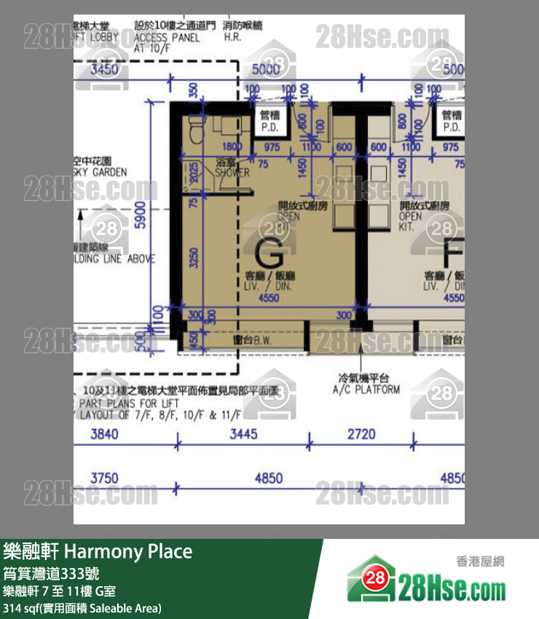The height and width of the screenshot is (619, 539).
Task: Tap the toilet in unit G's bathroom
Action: point(194,131)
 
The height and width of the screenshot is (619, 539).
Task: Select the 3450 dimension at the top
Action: point(104,70)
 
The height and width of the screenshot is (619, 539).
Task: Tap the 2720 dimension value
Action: point(361,435)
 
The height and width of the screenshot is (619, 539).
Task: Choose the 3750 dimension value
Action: point(104,478)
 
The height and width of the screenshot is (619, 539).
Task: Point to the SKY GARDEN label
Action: point(100,172)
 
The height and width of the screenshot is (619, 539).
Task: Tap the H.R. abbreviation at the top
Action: point(232,36)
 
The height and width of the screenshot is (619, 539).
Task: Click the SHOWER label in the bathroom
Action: point(232,173)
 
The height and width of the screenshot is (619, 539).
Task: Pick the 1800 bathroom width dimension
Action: point(222,147)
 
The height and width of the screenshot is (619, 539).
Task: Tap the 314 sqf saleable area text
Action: point(82,608)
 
